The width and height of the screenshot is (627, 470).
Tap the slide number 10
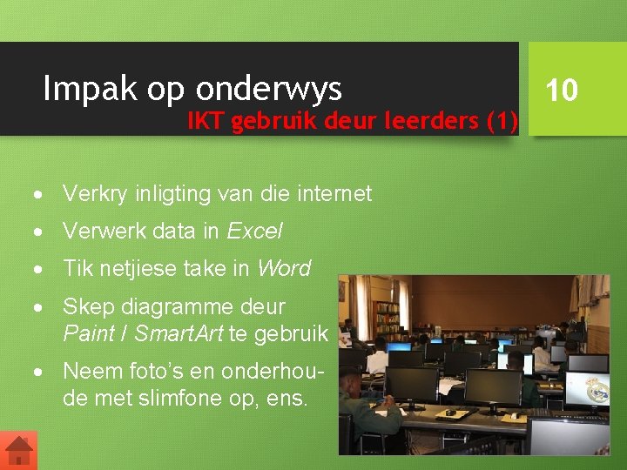click(562, 90)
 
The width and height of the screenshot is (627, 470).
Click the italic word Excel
click(254, 231)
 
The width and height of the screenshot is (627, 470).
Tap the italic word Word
click(284, 268)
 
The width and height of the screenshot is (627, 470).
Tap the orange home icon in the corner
click(18, 450)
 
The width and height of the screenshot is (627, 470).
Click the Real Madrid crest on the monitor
click(597, 391)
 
